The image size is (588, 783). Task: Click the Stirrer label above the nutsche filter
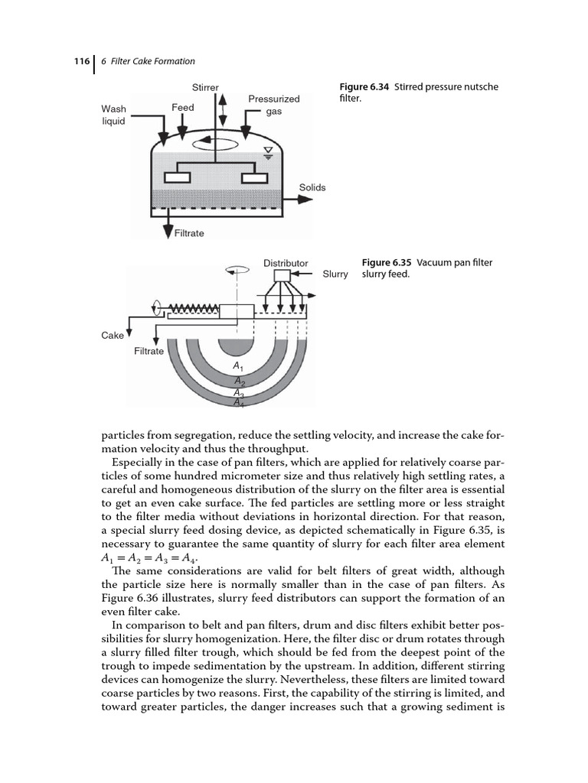205,87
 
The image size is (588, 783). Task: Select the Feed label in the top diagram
182,108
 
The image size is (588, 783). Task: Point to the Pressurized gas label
274,105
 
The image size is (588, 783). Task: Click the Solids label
312,187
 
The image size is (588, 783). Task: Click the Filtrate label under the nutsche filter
189,232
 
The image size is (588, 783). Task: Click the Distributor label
286,263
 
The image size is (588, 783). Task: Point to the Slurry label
335,274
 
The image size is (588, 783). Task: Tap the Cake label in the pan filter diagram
112,335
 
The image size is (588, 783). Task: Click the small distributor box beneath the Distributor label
281,275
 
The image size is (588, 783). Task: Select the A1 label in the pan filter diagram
239,367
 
